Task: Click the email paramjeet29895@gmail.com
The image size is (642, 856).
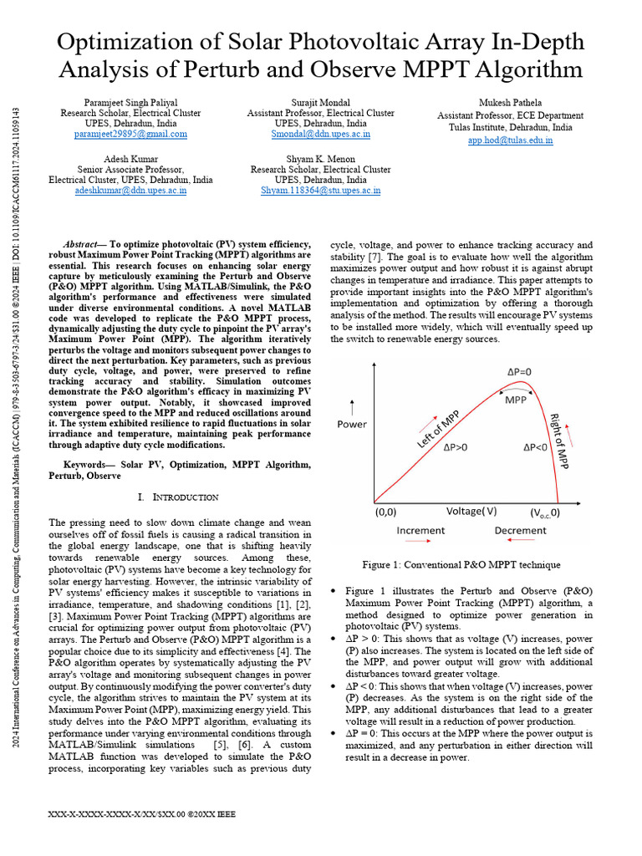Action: tap(130, 134)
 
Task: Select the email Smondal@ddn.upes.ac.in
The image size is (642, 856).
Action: tap(321, 134)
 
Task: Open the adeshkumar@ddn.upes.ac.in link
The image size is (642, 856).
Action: tap(130, 191)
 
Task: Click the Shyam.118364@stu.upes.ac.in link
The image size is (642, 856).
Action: tap(320, 191)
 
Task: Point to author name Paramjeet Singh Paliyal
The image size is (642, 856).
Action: tap(130, 102)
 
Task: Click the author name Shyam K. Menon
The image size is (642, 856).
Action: tap(320, 159)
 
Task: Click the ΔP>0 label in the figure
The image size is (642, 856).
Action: tap(456, 447)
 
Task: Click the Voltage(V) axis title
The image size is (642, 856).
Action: tap(471, 511)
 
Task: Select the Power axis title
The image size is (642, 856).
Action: tap(352, 424)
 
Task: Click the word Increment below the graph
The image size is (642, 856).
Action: tap(420, 530)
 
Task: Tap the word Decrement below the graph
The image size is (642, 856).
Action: tap(520, 530)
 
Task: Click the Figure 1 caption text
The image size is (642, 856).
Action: tap(461, 565)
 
